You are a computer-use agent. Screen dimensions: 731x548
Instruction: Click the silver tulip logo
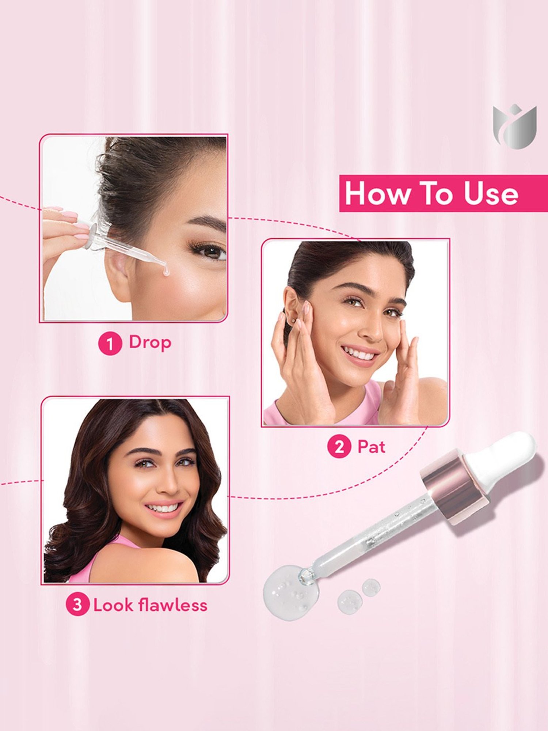tap(514, 127)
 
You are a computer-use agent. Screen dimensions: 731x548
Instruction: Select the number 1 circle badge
tap(110, 344)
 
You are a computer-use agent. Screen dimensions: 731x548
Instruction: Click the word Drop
tap(150, 343)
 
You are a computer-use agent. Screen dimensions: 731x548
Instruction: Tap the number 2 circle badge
tap(339, 447)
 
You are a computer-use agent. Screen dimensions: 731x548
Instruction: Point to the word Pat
tap(371, 447)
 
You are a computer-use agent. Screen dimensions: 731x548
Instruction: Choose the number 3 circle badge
tap(77, 605)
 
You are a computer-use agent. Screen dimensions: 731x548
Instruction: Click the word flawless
tap(173, 605)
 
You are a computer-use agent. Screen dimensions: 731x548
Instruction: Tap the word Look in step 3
tap(113, 605)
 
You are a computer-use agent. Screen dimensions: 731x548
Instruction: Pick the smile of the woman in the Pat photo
tap(360, 354)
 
